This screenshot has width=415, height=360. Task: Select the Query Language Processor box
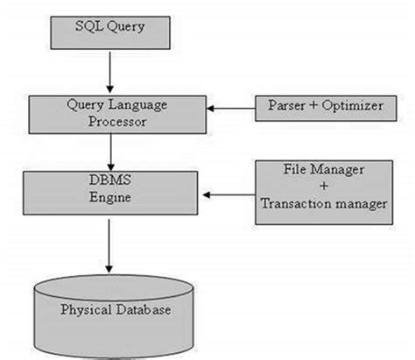pyautogui.click(x=109, y=113)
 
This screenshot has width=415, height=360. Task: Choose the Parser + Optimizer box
pyautogui.click(x=319, y=107)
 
